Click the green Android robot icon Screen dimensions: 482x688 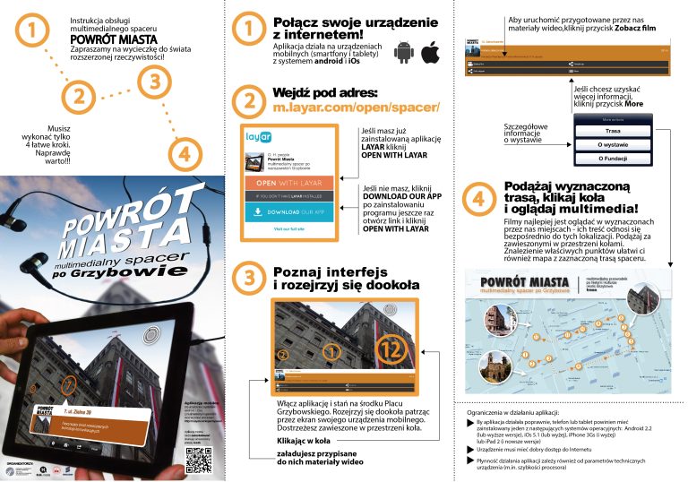coord(403,53)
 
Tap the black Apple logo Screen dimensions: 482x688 coord(431,53)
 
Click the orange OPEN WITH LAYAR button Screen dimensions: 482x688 coord(288,183)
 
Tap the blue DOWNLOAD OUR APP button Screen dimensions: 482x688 coord(288,212)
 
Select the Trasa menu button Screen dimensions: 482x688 coord(613,131)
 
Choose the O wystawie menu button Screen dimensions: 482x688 coord(613,144)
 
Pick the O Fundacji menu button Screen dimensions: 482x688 coord(613,159)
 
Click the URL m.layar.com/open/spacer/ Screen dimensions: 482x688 coord(356,108)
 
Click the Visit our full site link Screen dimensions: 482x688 coord(288,230)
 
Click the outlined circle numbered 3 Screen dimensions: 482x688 coord(155,82)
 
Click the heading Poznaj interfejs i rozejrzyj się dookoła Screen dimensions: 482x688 coord(333,280)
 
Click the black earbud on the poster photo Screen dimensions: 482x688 coord(39,261)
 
